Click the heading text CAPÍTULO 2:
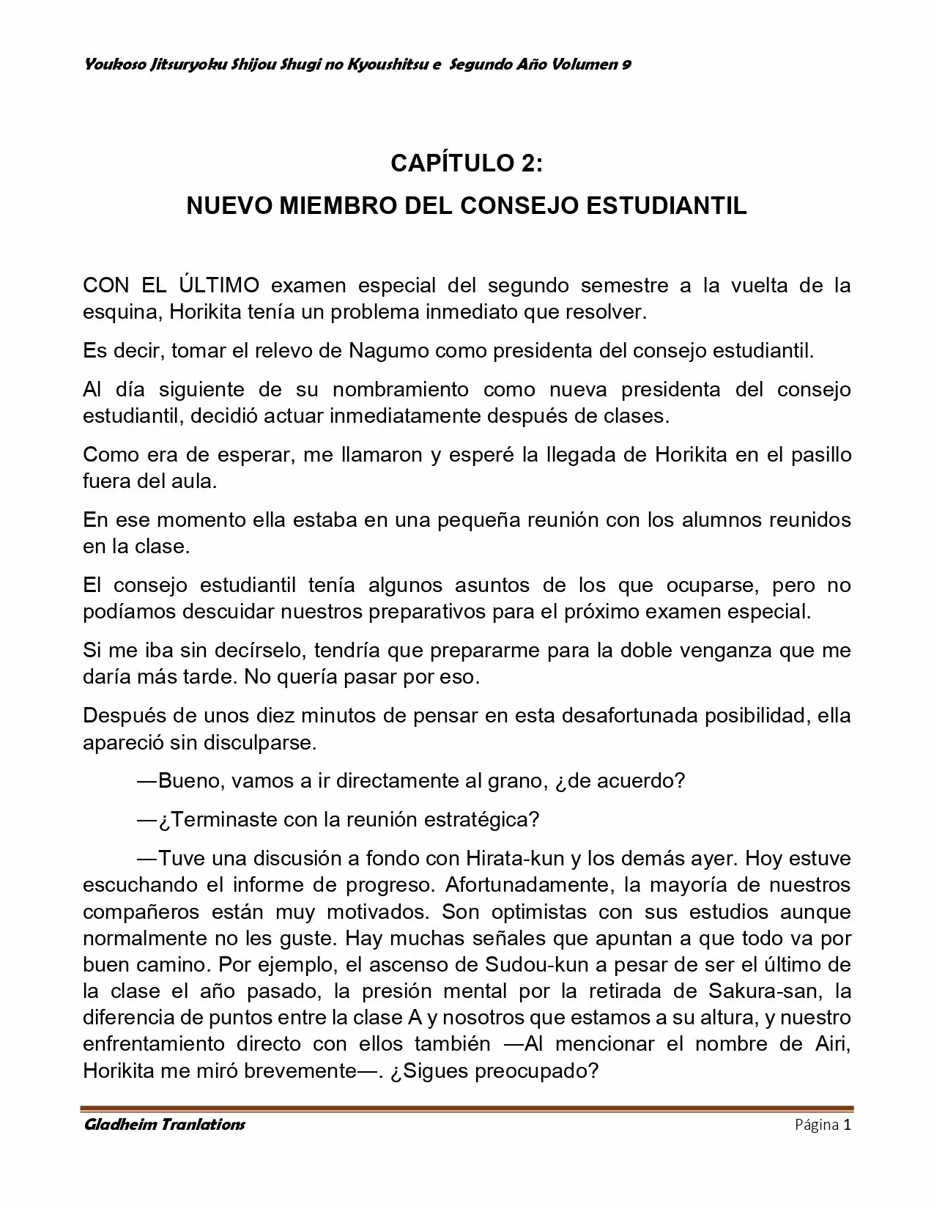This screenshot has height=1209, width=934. pyautogui.click(x=467, y=163)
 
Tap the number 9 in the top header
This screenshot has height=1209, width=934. pyautogui.click(x=627, y=64)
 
